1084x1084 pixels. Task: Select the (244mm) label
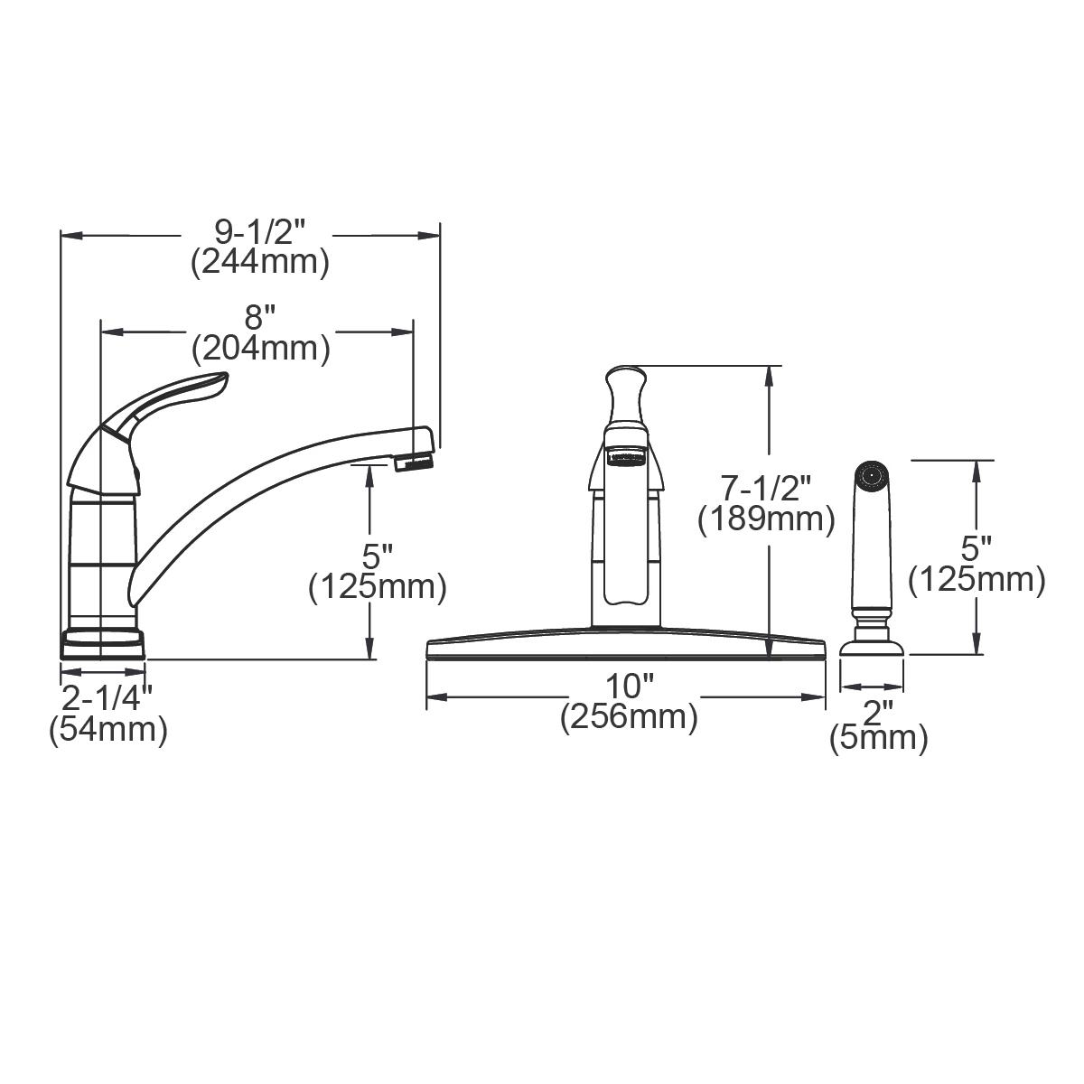259,263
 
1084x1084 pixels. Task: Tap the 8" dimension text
258,318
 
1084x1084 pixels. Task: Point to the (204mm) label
259,347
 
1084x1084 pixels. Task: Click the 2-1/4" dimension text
107,698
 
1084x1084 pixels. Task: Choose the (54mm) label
107,728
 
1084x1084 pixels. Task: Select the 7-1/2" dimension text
766,489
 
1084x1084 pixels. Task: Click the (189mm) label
766,519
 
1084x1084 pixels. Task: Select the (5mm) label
878,739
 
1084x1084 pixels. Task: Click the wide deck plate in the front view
625,648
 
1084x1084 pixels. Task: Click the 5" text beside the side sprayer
977,548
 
